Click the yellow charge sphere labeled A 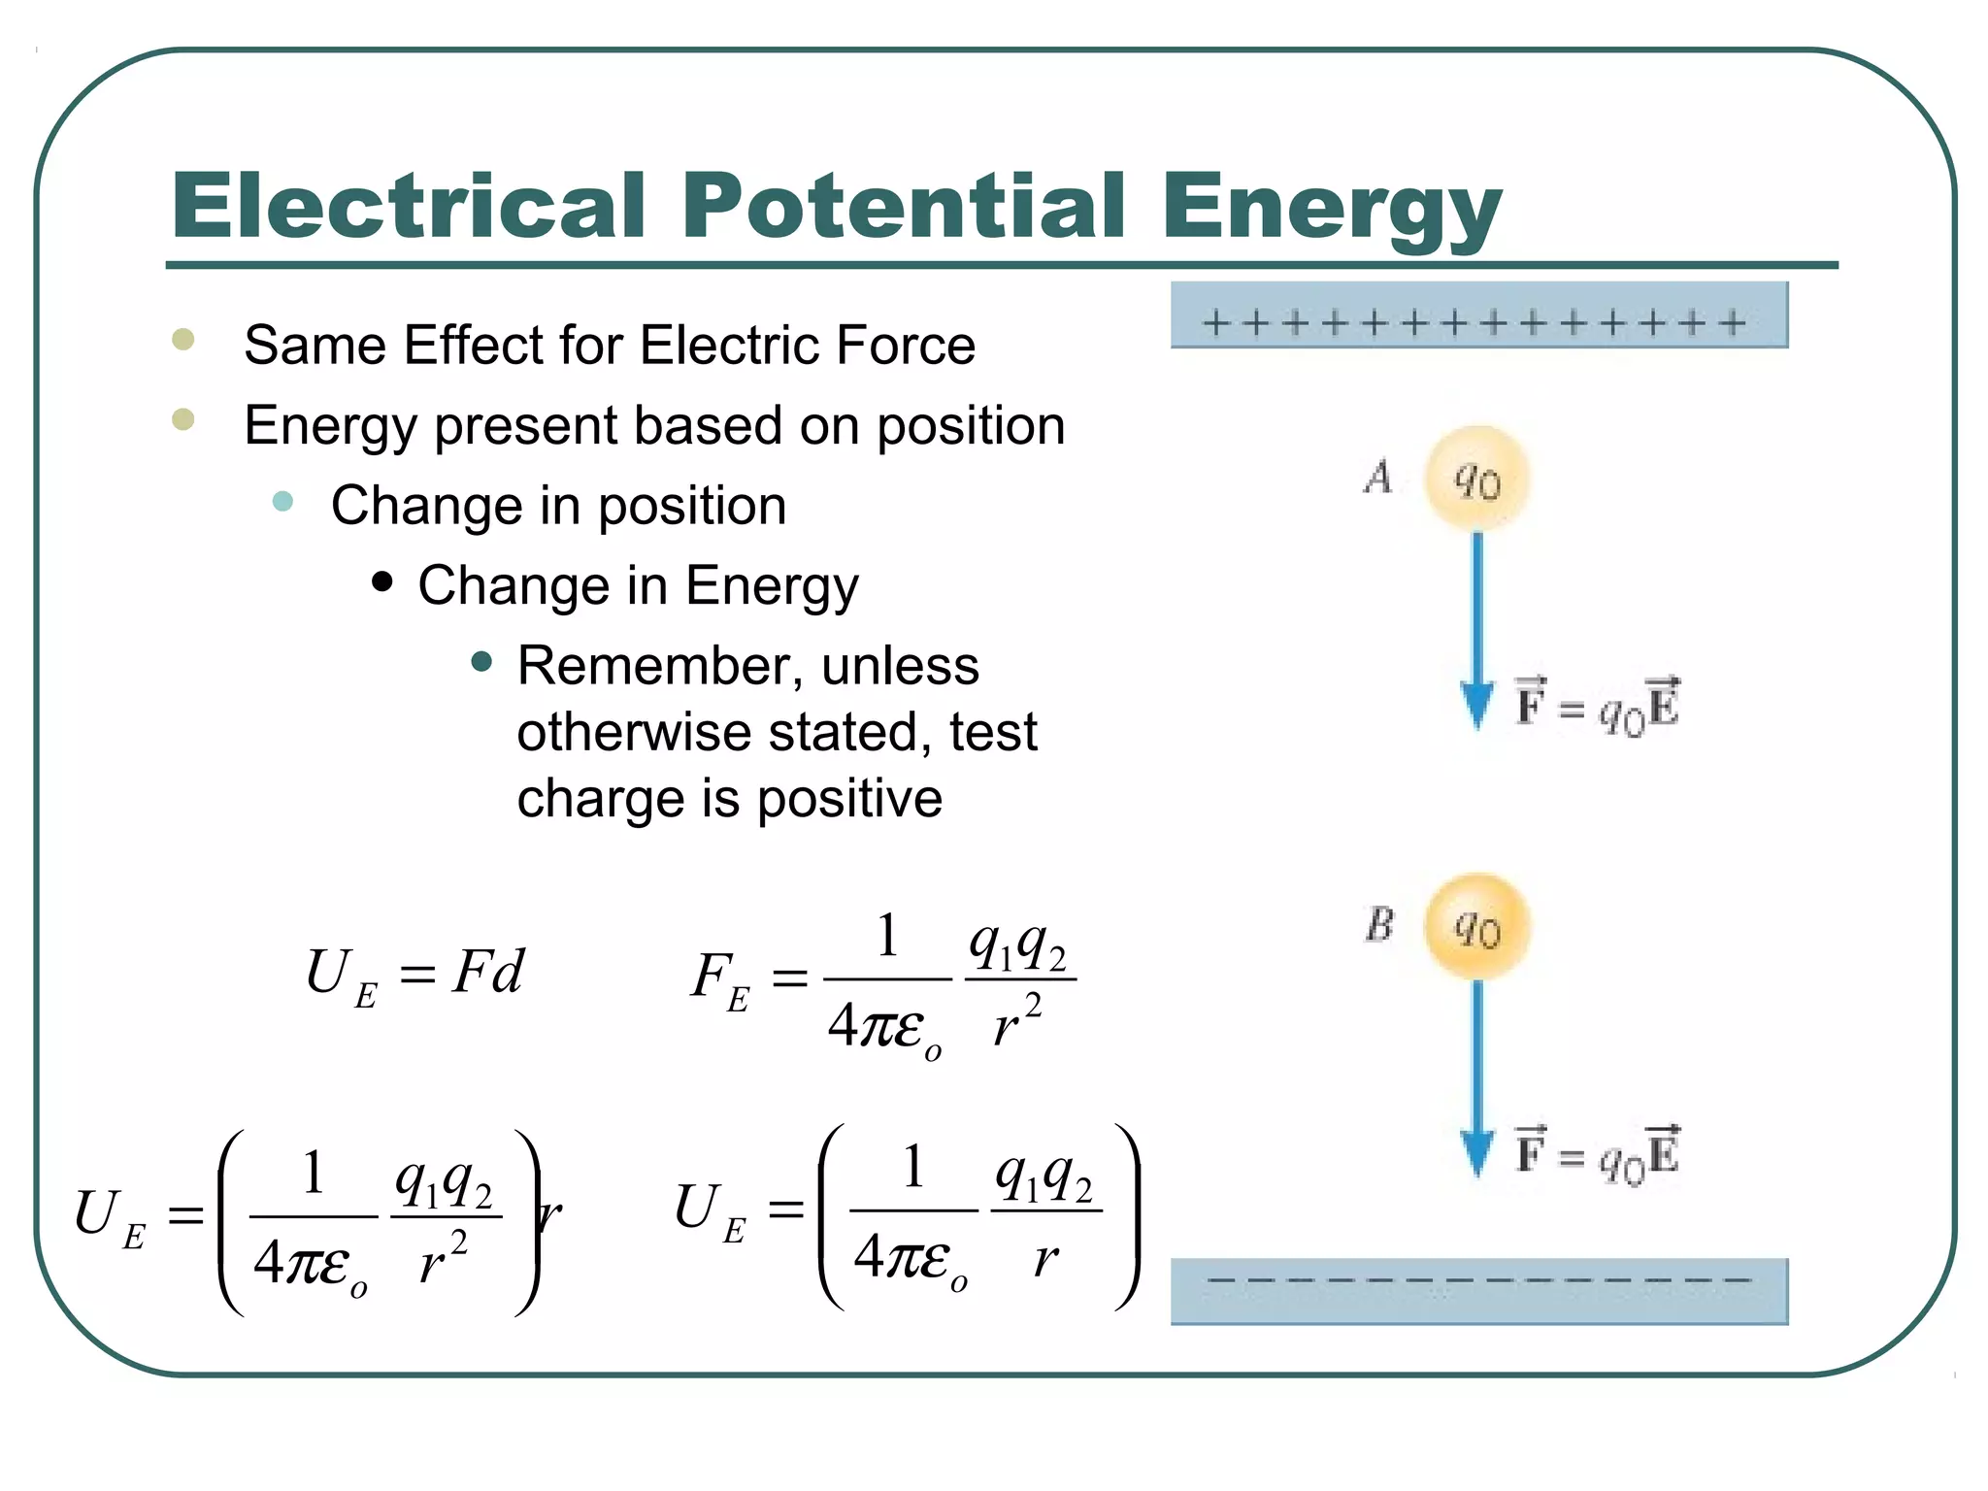coord(1476,479)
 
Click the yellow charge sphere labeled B coord(1476,926)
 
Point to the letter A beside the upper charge coord(1378,477)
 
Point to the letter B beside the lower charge coord(1379,924)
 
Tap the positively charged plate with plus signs coord(1478,315)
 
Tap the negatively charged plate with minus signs coord(1478,1290)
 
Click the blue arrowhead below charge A coord(1476,705)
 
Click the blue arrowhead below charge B coord(1476,1152)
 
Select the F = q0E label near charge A coord(1597,705)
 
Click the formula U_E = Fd coord(414,974)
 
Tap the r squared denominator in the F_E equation coord(1017,1021)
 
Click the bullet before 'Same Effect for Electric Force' coord(182,340)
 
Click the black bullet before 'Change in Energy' coord(382,581)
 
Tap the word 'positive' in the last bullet coord(849,799)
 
